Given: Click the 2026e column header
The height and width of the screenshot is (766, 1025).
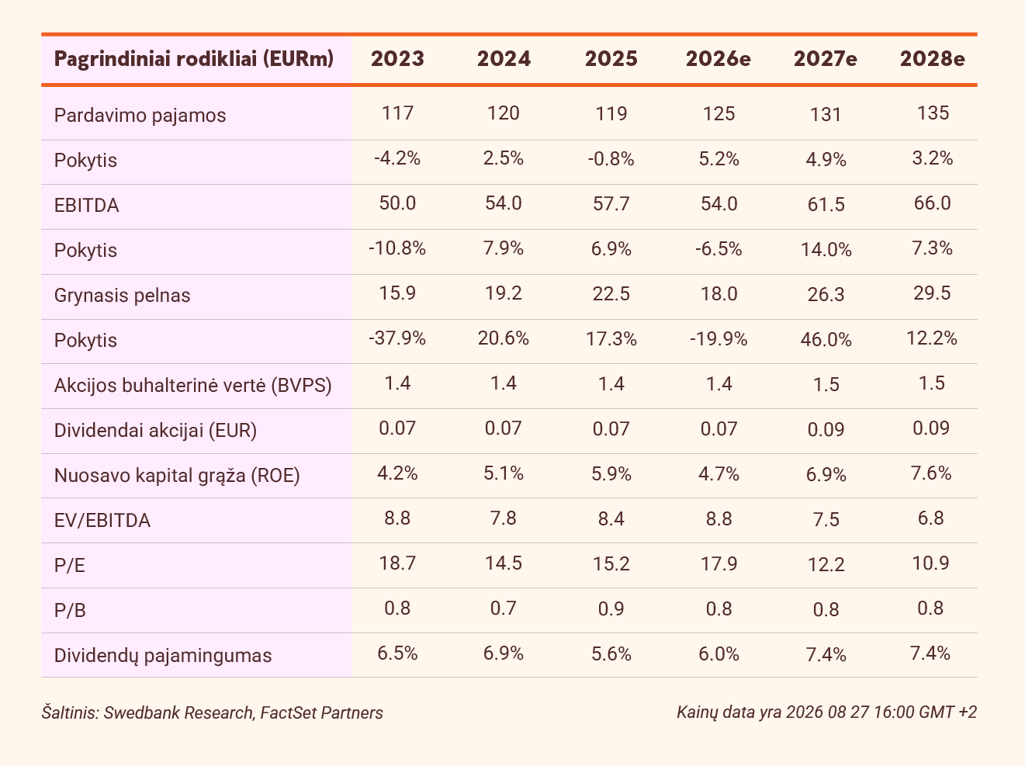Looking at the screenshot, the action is tap(719, 59).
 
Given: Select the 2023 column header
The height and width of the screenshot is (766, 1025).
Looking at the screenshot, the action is tap(397, 59).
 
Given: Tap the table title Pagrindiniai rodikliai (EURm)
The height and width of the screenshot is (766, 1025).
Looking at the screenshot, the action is tap(194, 59).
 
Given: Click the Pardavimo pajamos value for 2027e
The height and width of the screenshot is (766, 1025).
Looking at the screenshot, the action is tap(826, 114).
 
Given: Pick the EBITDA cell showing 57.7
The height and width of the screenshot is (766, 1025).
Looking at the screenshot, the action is tap(611, 204).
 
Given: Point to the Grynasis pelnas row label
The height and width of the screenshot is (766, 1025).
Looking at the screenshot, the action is tap(123, 295).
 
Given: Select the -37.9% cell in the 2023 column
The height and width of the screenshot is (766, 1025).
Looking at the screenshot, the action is tap(397, 338).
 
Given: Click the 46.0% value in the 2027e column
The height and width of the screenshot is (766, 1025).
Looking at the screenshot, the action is tap(826, 340).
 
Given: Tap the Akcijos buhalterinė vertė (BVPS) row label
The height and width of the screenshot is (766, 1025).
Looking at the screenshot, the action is tap(193, 386).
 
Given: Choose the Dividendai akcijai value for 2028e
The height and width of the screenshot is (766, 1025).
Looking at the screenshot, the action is tap(931, 428).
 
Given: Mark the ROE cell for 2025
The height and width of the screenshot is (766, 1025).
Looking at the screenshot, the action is tap(611, 474).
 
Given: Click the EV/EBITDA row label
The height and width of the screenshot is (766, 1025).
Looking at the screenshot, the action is tap(102, 521).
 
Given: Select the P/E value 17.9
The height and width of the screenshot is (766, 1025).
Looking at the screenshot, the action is tap(719, 563).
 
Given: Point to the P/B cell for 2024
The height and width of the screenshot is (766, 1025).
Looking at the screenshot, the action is tap(504, 608).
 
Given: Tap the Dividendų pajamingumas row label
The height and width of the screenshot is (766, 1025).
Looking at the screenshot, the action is tap(162, 655).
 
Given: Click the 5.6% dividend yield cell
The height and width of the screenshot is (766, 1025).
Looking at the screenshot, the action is tap(611, 654).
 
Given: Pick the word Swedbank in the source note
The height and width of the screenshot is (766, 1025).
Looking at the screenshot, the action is tap(142, 713).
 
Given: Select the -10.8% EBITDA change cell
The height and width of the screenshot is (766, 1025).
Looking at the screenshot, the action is tap(397, 248).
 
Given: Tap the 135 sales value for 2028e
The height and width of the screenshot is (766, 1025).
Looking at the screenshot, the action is tap(933, 113).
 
